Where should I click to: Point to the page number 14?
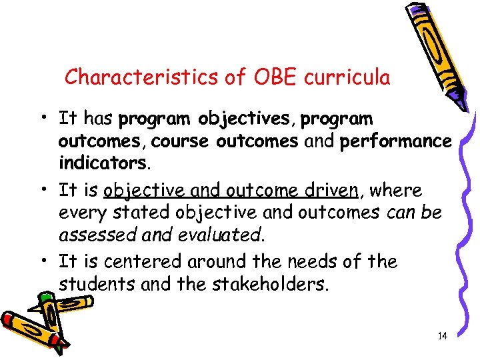coord(442,336)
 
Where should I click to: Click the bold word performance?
coord(396,142)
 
